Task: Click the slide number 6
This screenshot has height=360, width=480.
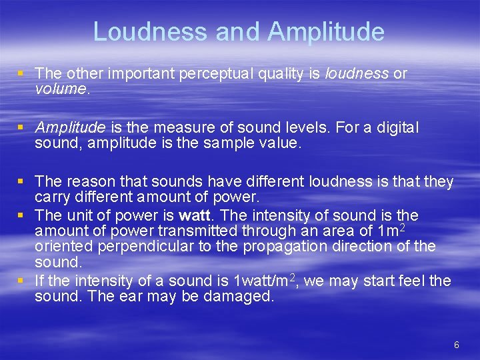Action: click(456, 345)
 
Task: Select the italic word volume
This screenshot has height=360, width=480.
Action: click(61, 89)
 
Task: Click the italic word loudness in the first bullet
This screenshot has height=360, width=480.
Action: click(356, 73)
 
